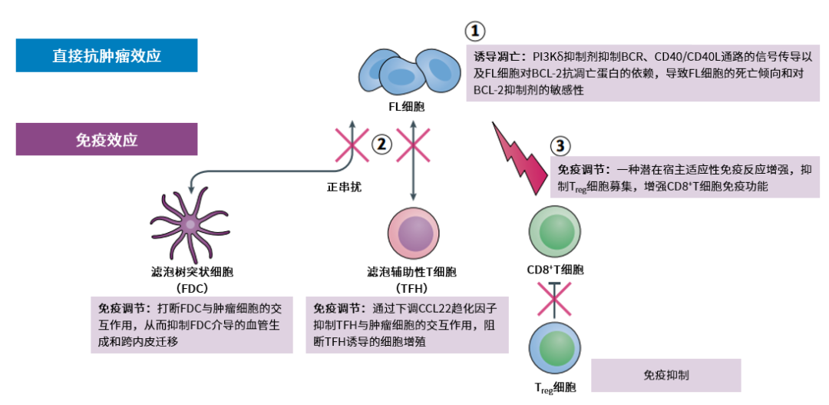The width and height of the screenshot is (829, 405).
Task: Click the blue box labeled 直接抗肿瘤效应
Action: [x=107, y=55]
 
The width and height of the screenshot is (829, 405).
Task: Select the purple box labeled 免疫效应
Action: [x=107, y=140]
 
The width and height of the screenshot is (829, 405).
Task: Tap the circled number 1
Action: [x=476, y=32]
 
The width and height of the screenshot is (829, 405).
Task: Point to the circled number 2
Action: [x=381, y=143]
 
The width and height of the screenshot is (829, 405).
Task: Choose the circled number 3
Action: [x=561, y=145]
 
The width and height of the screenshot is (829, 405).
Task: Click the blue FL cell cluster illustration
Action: [x=406, y=71]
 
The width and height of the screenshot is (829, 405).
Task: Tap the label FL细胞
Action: [x=406, y=106]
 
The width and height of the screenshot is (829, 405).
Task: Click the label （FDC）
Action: [x=187, y=288]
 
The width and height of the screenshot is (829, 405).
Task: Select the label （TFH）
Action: [x=411, y=288]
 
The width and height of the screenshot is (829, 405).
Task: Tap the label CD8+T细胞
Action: [x=555, y=270]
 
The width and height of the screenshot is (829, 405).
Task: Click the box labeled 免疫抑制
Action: [x=666, y=375]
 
